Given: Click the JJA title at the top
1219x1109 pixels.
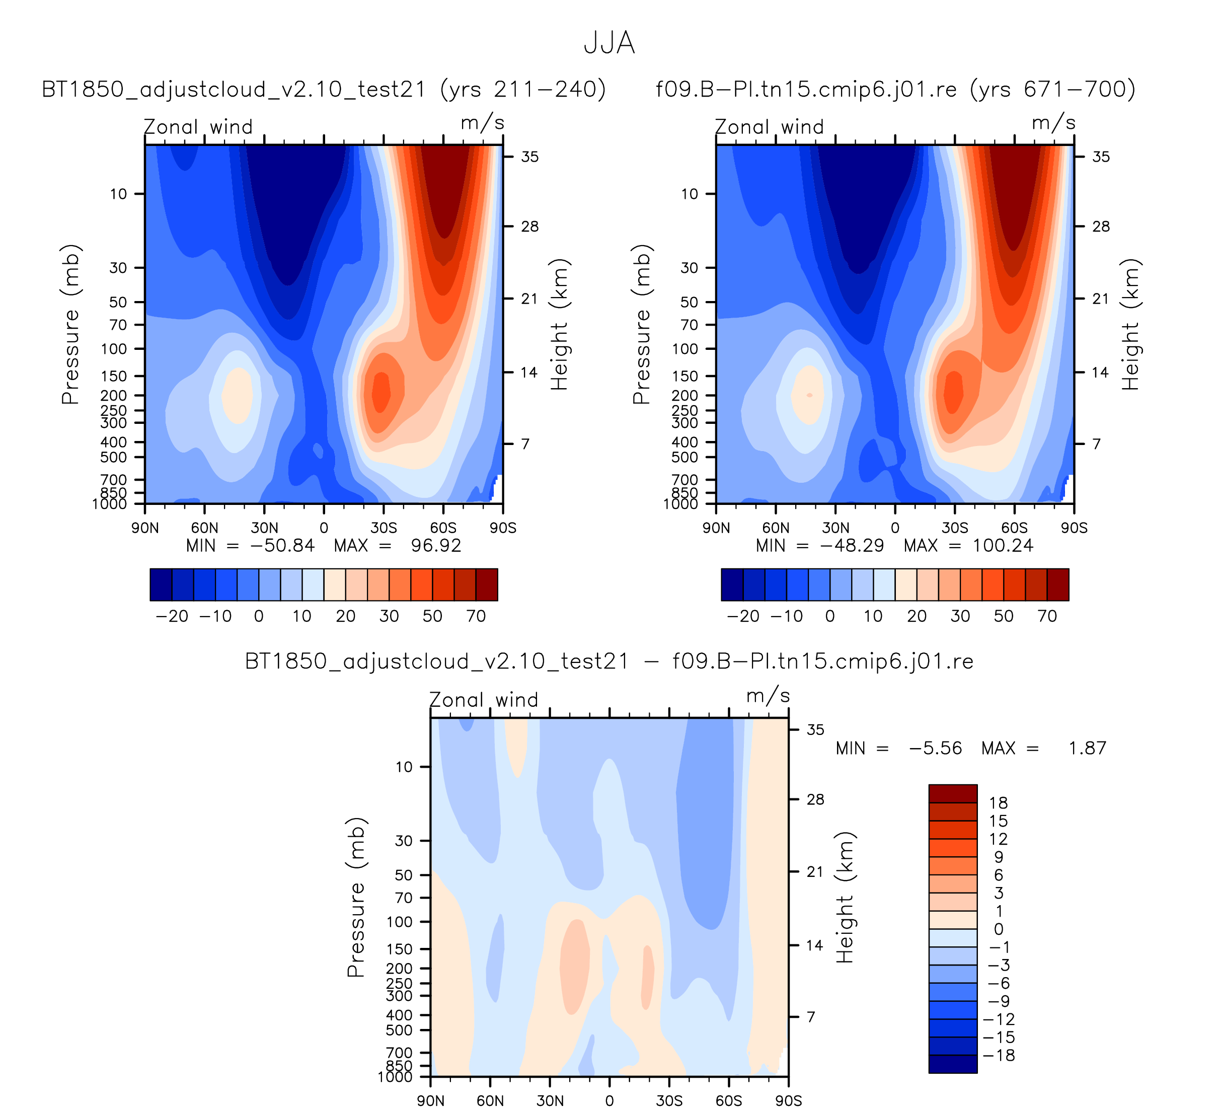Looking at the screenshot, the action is pos(609,43).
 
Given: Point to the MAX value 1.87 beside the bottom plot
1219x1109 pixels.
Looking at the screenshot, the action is pos(1087,748).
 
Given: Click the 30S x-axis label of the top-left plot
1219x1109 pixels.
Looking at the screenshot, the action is pos(384,528).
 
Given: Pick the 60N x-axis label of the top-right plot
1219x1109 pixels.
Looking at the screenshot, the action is pos(775,528).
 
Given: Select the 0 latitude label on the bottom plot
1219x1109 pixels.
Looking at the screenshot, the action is pos(609,1100).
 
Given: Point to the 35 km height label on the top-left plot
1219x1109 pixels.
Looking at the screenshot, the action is pos(529,157).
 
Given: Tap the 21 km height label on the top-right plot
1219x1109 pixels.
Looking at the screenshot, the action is pos(1101,299).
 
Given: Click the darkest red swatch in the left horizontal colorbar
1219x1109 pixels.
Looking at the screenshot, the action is pos(487,585).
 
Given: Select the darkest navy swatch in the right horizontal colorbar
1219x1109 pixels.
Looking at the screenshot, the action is pos(732,585).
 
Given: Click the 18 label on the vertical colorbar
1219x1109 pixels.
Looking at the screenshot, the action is pos(998,803).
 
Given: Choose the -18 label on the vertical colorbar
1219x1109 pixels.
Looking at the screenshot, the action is pos(999,1055).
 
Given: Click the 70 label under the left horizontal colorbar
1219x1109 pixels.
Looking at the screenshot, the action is pos(476,616).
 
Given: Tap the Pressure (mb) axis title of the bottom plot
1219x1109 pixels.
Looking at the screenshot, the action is pos(356,898).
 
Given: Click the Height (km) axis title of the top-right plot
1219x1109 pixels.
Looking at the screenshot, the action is pos(1130,324).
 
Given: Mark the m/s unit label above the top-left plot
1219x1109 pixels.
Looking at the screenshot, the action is pos(482,123).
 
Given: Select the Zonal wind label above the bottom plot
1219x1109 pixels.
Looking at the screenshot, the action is pos(483,700).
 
